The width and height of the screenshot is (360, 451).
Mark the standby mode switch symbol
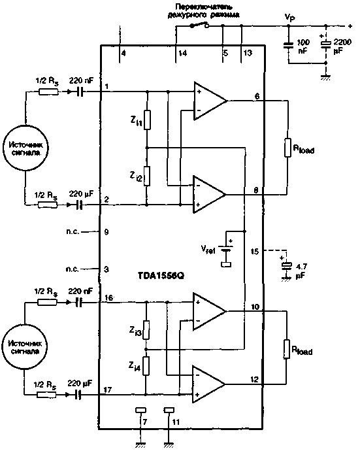[x=197, y=26]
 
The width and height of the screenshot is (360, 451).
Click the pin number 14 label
[x=181, y=53]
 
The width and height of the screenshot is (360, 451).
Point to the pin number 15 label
[x=255, y=251]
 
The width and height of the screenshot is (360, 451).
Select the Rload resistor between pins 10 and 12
[x=286, y=350]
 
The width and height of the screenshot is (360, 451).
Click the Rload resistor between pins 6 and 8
[x=286, y=147]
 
